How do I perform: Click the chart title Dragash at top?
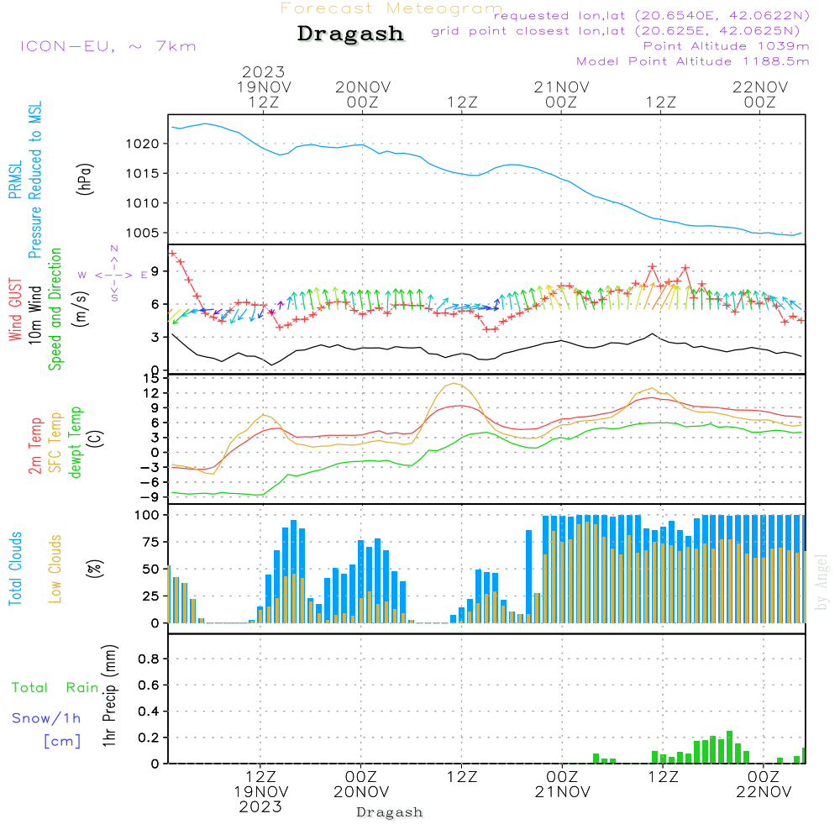point(350,34)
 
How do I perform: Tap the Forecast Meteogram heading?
point(391,8)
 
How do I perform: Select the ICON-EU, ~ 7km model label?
point(108,46)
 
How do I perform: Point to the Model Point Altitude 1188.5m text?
point(693,61)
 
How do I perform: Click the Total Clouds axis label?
point(15,569)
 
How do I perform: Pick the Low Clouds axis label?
point(55,569)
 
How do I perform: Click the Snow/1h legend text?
point(47,718)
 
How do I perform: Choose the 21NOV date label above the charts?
point(561,87)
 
